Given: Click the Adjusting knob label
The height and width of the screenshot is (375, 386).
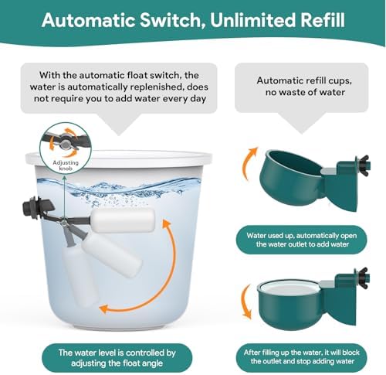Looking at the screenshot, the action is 66,165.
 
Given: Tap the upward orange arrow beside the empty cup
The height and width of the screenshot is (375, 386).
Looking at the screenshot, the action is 249,163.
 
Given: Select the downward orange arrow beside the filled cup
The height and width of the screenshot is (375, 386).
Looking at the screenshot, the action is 247,301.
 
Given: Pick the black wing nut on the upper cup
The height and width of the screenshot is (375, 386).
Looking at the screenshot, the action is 362,165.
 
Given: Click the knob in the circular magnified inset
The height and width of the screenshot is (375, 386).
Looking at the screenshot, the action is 65,142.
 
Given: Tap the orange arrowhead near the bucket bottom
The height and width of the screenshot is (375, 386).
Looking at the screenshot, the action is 104,309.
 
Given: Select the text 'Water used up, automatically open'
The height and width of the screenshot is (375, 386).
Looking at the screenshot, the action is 302,236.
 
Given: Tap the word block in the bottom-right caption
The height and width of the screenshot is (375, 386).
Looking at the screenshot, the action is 351,352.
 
